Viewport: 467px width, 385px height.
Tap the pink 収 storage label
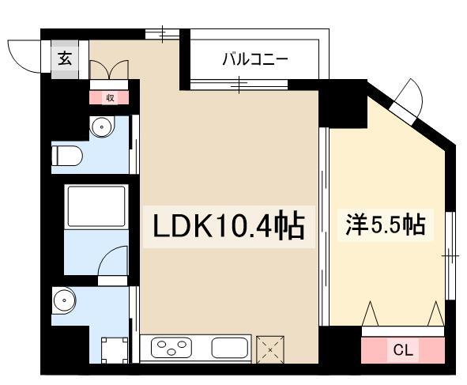(x=110, y=98)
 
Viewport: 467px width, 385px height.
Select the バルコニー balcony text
(x=254, y=59)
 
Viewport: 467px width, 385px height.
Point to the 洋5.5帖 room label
(x=385, y=225)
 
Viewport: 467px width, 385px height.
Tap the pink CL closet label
(x=402, y=349)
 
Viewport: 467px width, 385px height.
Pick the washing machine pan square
(x=115, y=348)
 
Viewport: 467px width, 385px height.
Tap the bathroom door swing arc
(x=113, y=261)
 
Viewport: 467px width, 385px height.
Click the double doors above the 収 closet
(x=109, y=70)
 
